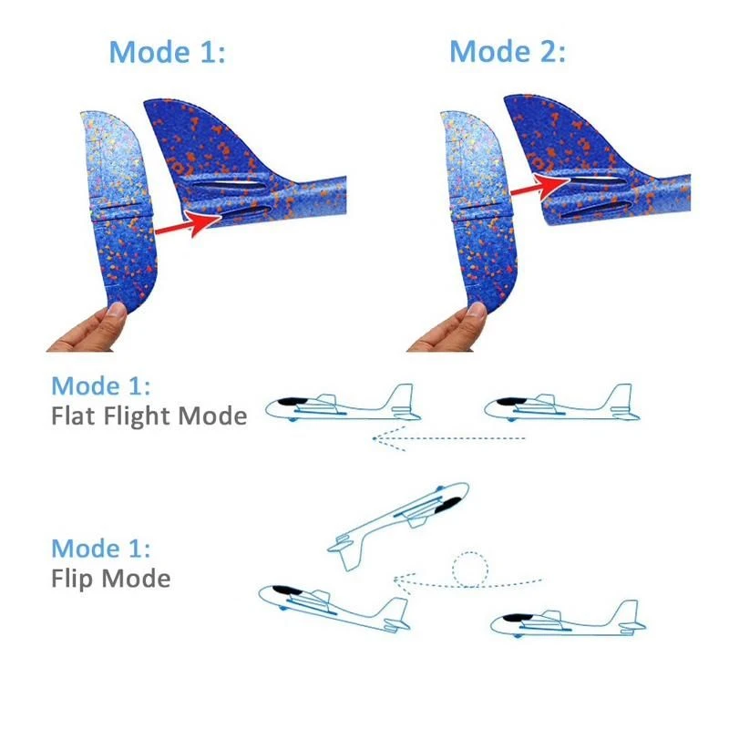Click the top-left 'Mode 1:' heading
[x=167, y=52]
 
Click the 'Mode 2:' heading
[x=508, y=51]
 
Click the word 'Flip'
[x=73, y=580]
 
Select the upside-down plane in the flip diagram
[x=398, y=525]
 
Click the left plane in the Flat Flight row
[x=344, y=404]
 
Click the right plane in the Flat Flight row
[x=561, y=404]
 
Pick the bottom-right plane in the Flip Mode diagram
[x=568, y=619]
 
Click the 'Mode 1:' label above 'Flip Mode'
[x=101, y=549]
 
